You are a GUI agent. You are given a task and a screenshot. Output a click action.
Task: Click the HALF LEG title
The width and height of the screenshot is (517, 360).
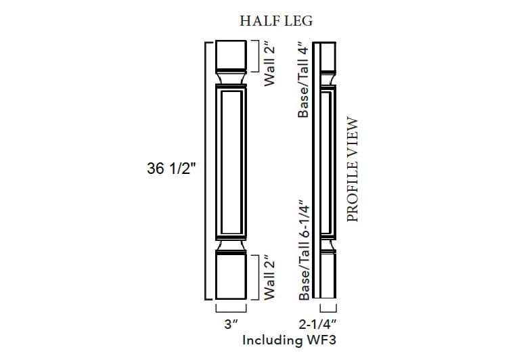[x=276, y=21]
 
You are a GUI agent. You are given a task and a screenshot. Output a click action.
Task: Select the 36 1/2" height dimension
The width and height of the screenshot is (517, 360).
[x=171, y=169]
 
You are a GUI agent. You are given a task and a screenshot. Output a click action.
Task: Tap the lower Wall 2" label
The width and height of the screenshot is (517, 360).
[x=269, y=276]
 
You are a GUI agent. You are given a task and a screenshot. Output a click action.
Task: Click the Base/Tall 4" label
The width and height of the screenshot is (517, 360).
[x=304, y=79]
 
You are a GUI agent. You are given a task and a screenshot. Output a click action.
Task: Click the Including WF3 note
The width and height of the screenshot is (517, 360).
[x=289, y=340]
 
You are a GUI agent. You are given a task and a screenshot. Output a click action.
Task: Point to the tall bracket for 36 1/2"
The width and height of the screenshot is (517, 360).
[x=206, y=169]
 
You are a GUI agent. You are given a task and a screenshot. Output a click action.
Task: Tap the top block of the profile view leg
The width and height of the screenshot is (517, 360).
[x=328, y=55]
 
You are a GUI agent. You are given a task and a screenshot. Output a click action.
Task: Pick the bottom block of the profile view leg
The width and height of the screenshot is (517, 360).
[x=328, y=276]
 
